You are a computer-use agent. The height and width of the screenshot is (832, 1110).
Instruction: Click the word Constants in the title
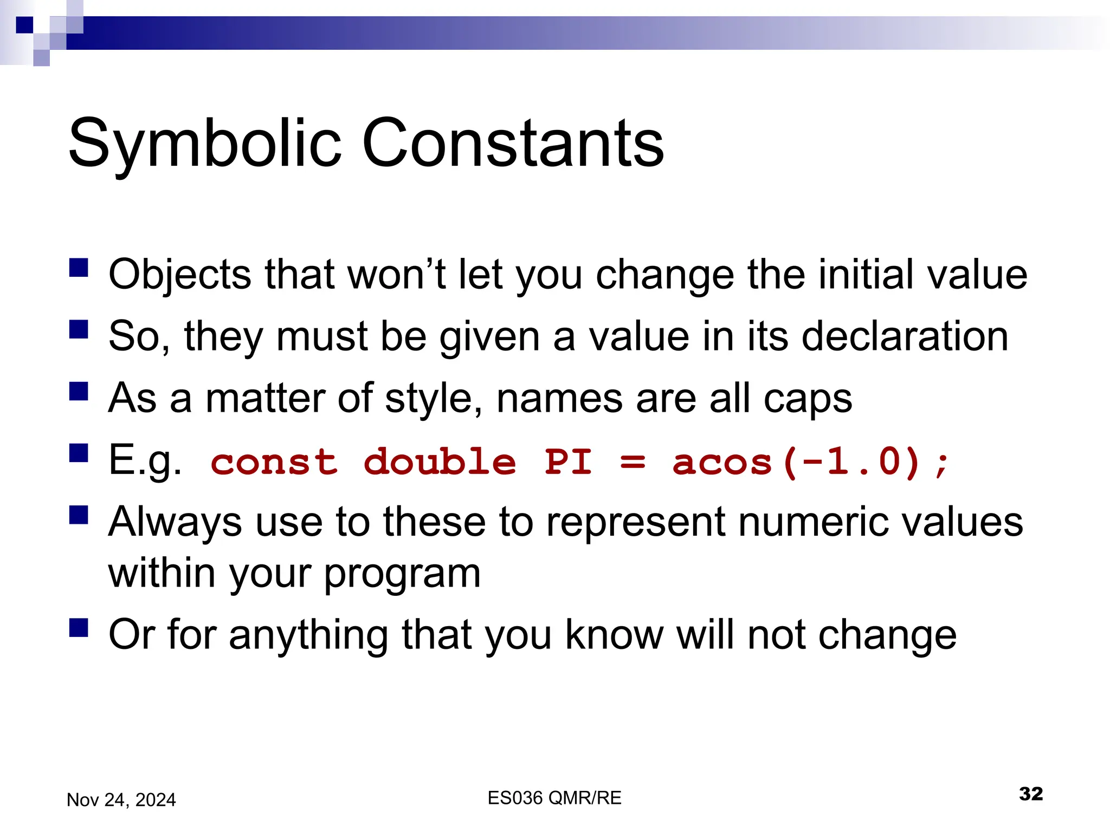tap(512, 143)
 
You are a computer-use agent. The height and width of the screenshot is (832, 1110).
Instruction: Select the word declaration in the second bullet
tap(905, 336)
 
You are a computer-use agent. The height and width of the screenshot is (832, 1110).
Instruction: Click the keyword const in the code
tap(274, 462)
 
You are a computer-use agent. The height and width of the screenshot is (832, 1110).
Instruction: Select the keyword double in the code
tap(440, 462)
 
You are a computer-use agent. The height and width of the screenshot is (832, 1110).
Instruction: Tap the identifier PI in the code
tap(567, 462)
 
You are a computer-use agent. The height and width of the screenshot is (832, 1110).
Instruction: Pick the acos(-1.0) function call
tap(797, 462)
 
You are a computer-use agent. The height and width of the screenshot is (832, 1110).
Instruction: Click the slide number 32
tap(1030, 794)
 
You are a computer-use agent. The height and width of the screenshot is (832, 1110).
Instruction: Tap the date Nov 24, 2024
tap(121, 800)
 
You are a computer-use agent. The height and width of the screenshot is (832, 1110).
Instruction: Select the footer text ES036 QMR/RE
tap(554, 798)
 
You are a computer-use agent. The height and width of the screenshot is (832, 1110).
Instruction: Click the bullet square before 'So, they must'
tap(79, 329)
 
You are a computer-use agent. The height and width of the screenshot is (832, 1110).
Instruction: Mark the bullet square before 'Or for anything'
tap(79, 628)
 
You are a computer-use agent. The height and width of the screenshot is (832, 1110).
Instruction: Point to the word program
tap(403, 574)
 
